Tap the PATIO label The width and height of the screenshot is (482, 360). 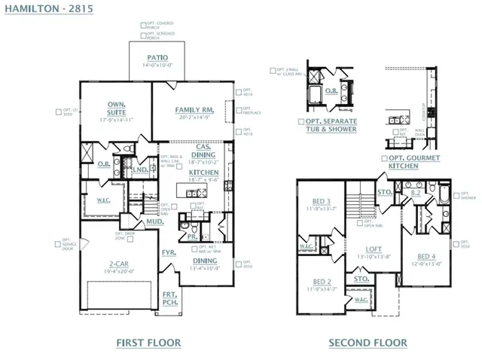(x=157, y=57)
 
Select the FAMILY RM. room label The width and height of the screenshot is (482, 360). (x=197, y=109)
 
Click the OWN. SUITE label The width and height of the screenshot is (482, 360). (x=115, y=107)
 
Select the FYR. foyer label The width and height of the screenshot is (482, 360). (x=169, y=252)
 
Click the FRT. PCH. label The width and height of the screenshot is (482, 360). (x=171, y=299)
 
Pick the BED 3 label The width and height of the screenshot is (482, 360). (x=320, y=201)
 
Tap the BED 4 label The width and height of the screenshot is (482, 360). (x=425, y=257)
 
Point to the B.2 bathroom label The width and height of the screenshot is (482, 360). (x=415, y=194)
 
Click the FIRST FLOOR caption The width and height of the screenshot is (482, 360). (x=148, y=343)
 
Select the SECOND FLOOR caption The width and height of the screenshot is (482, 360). (x=368, y=343)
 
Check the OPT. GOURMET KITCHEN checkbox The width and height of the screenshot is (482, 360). (x=384, y=159)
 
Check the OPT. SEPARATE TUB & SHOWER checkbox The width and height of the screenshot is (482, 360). (x=301, y=121)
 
